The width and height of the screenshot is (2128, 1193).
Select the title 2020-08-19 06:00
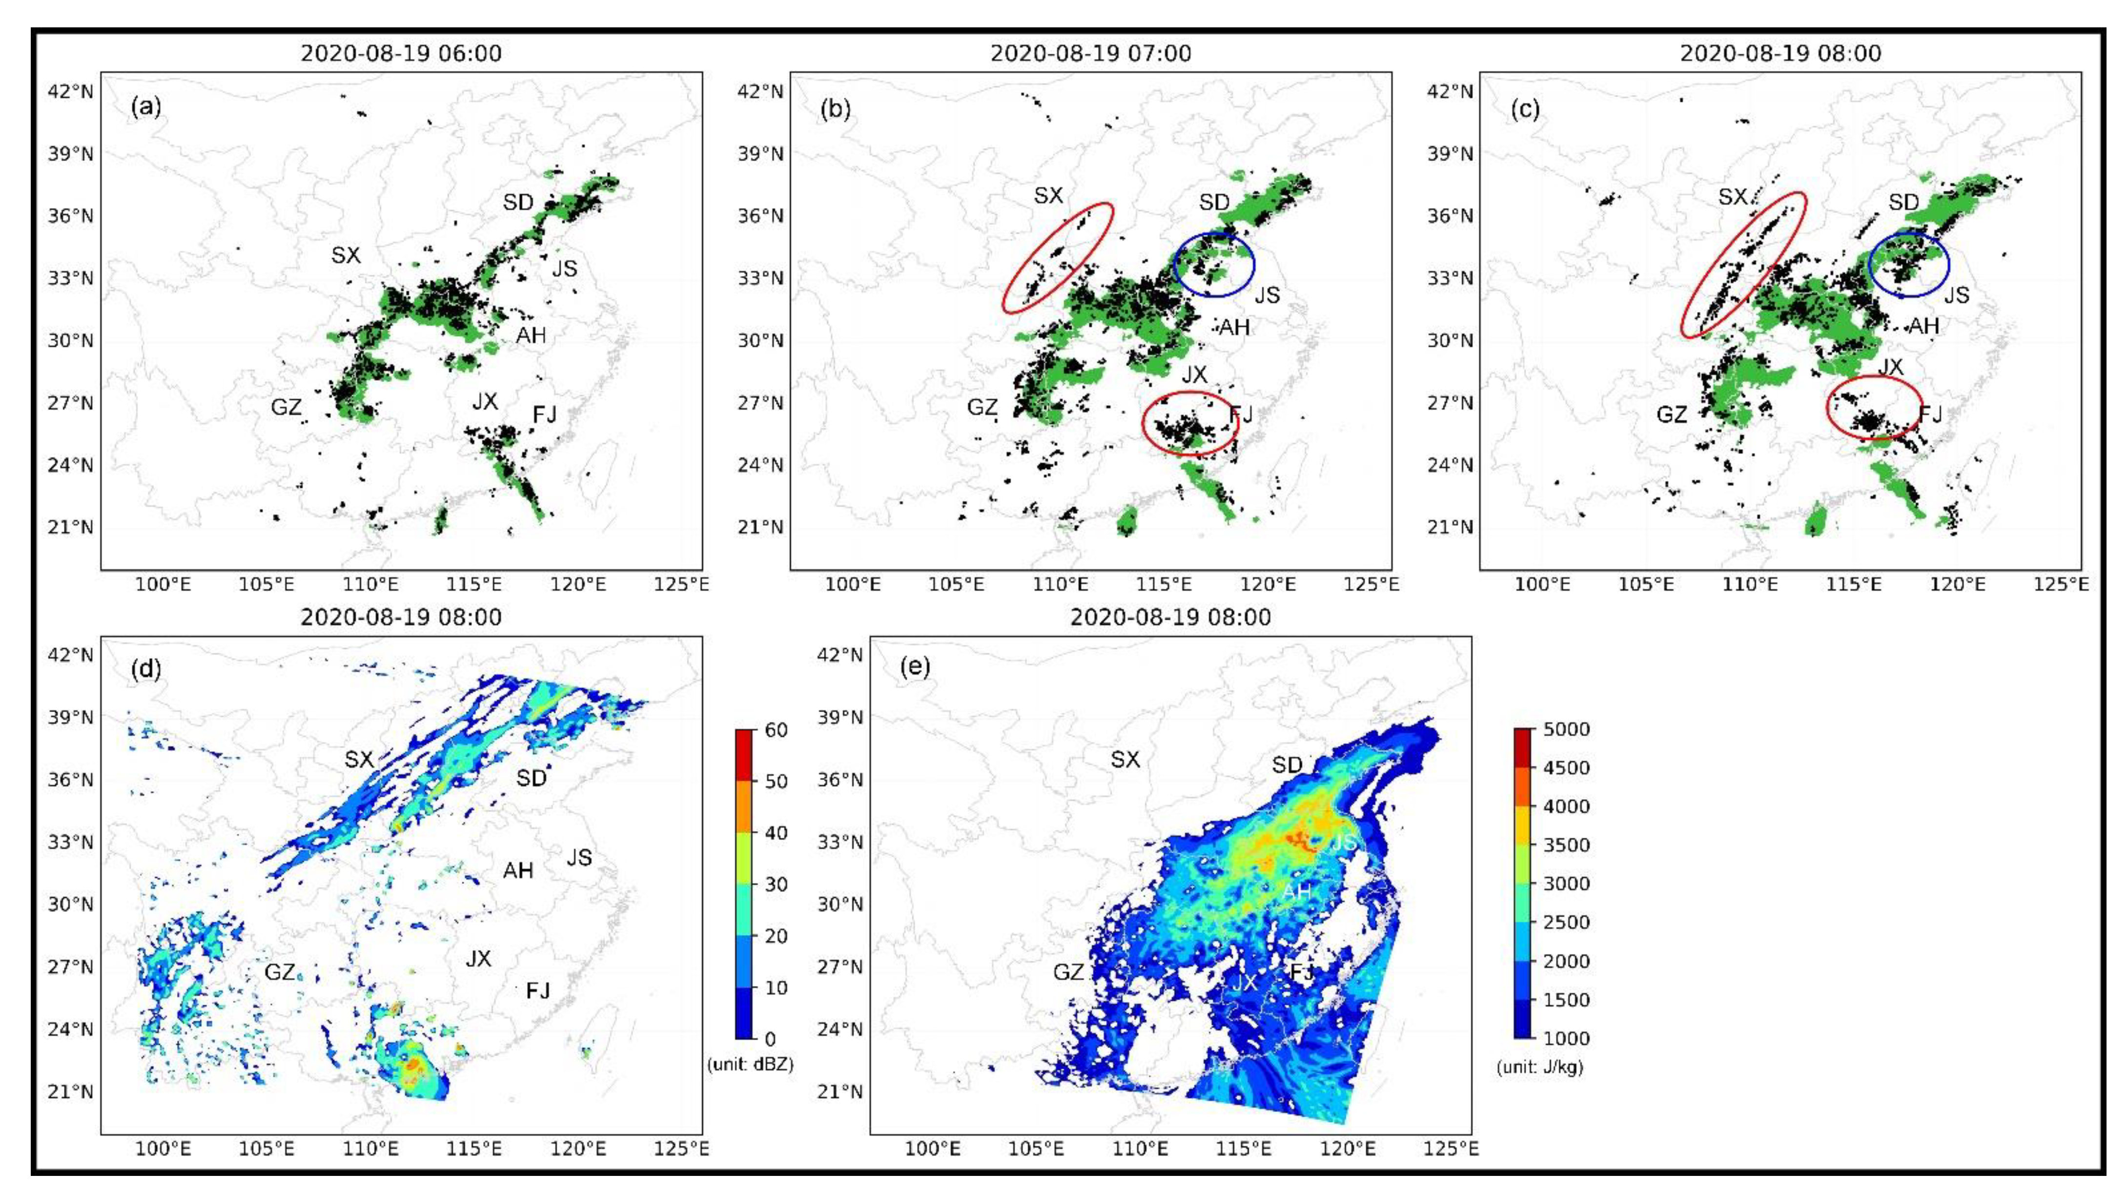coord(401,54)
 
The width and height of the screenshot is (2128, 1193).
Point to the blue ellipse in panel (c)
coord(1908,265)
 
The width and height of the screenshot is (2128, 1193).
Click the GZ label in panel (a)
coord(286,407)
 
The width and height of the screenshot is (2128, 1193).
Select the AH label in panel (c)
coord(1923,326)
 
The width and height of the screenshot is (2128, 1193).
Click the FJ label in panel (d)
coord(538,990)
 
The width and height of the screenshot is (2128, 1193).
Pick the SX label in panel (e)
coord(1125,759)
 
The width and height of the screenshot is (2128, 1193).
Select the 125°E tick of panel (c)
coord(2063,585)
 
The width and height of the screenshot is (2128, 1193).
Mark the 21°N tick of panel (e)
coord(839,1091)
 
